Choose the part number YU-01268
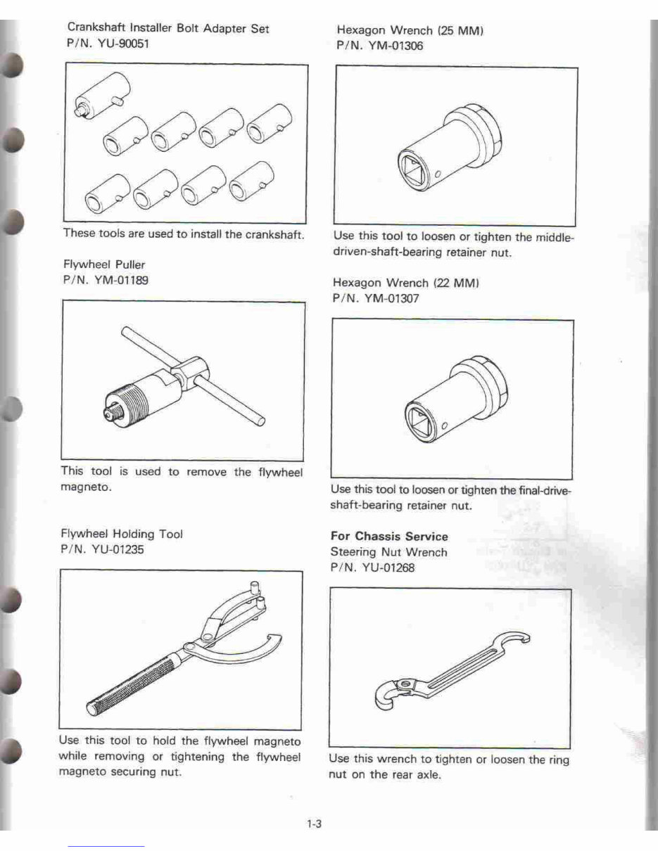[x=386, y=568]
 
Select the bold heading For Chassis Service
[x=388, y=536]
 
